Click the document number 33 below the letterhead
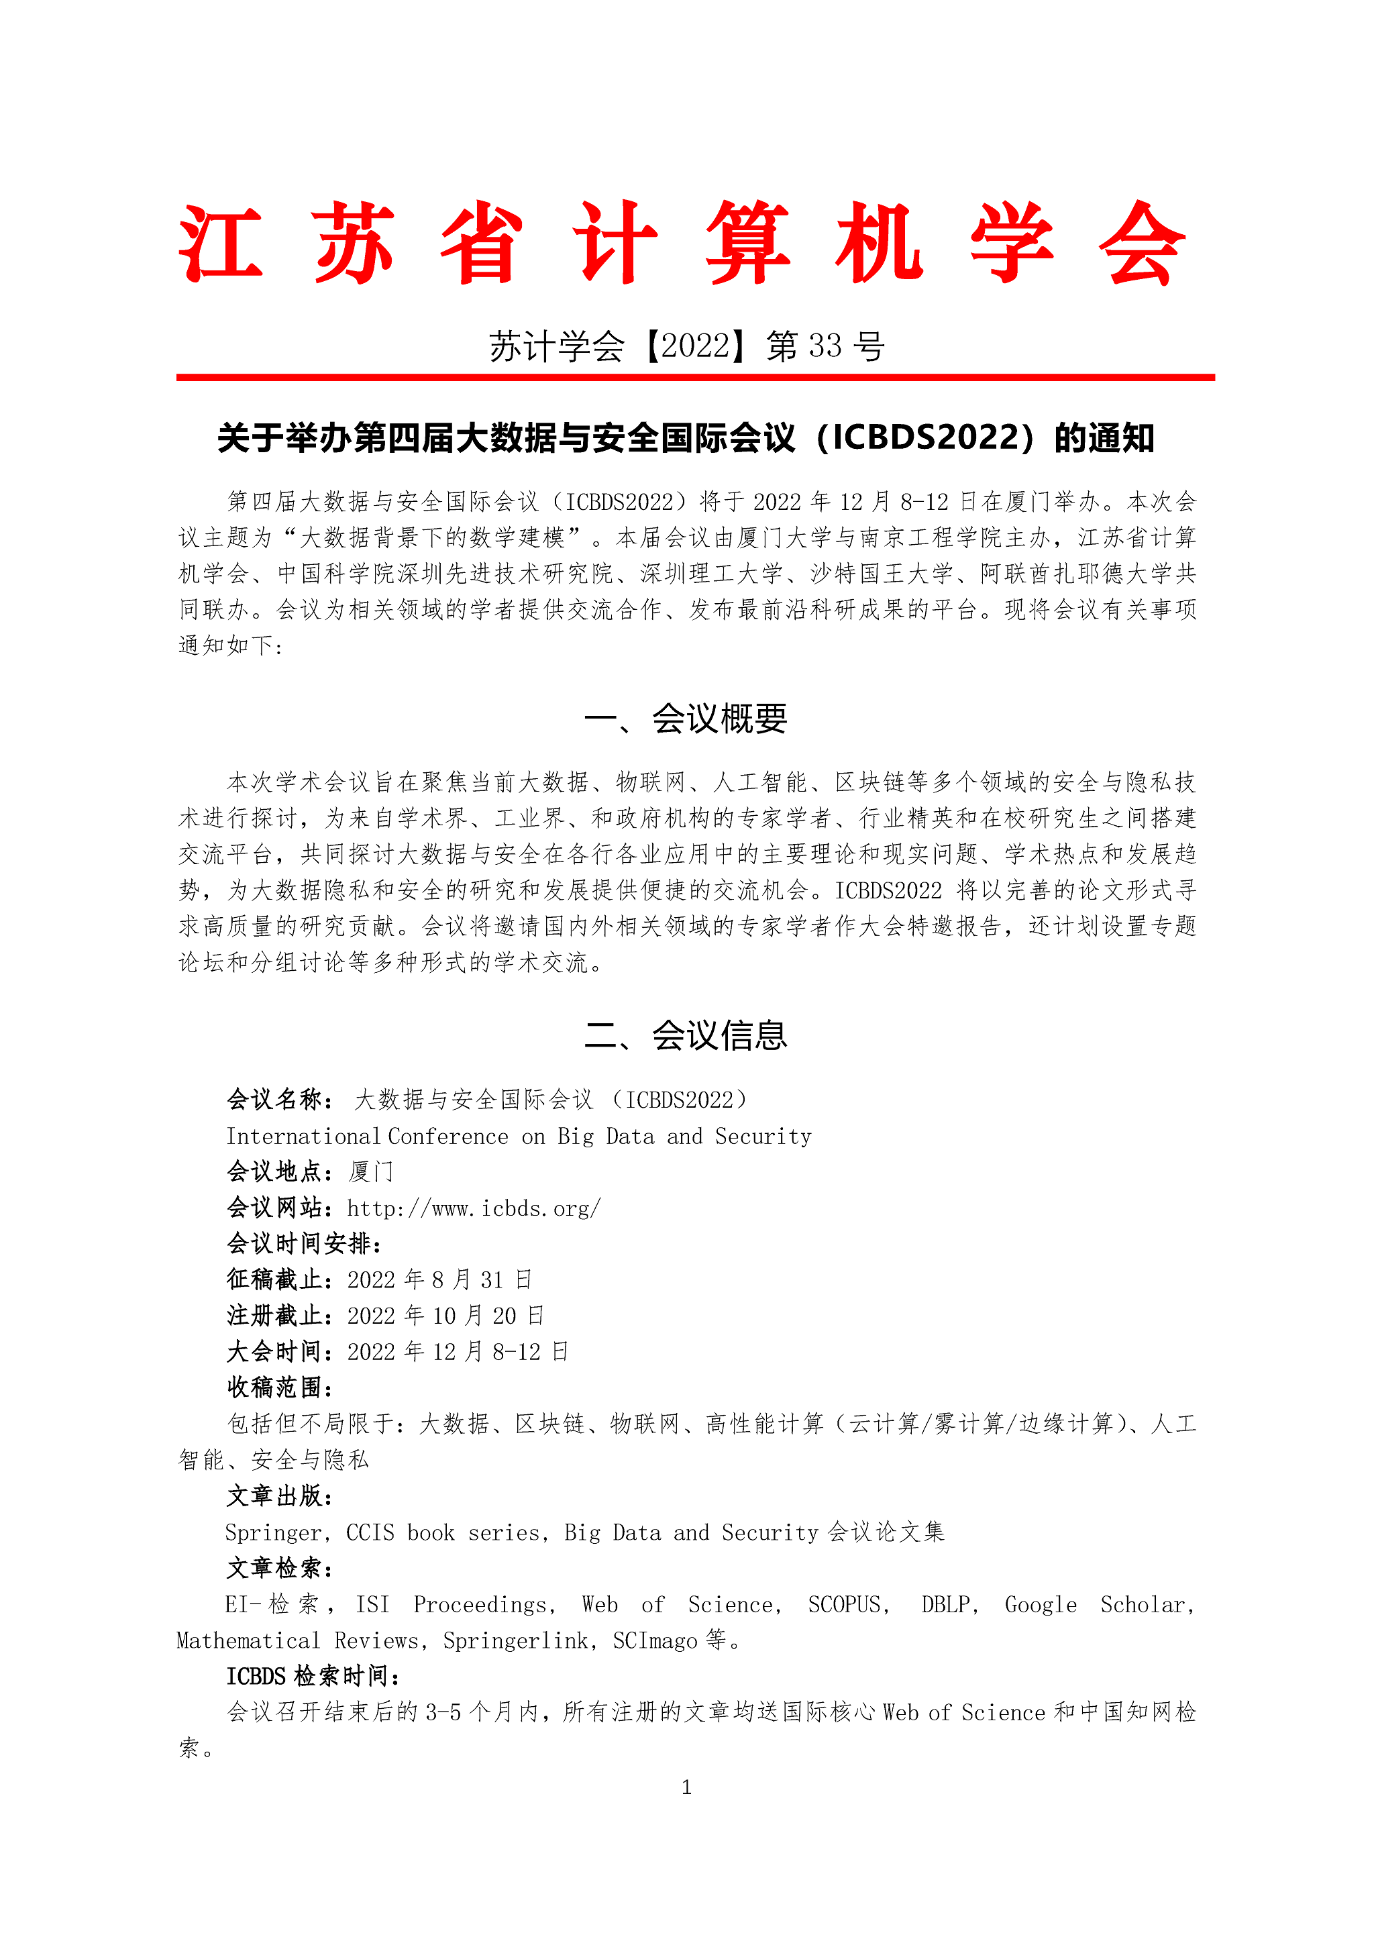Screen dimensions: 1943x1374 [825, 346]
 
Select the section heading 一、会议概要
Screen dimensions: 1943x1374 [686, 719]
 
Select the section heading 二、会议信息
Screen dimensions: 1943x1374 [686, 1036]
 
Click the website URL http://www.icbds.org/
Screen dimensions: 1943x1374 [474, 1208]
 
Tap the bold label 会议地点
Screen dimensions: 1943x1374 [275, 1172]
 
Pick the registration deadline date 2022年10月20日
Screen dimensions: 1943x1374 [445, 1316]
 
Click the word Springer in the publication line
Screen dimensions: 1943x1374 [272, 1532]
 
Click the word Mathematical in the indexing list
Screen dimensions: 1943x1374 [248, 1641]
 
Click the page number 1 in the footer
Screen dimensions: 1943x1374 [686, 1787]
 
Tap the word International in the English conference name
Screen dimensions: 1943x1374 [302, 1137]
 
